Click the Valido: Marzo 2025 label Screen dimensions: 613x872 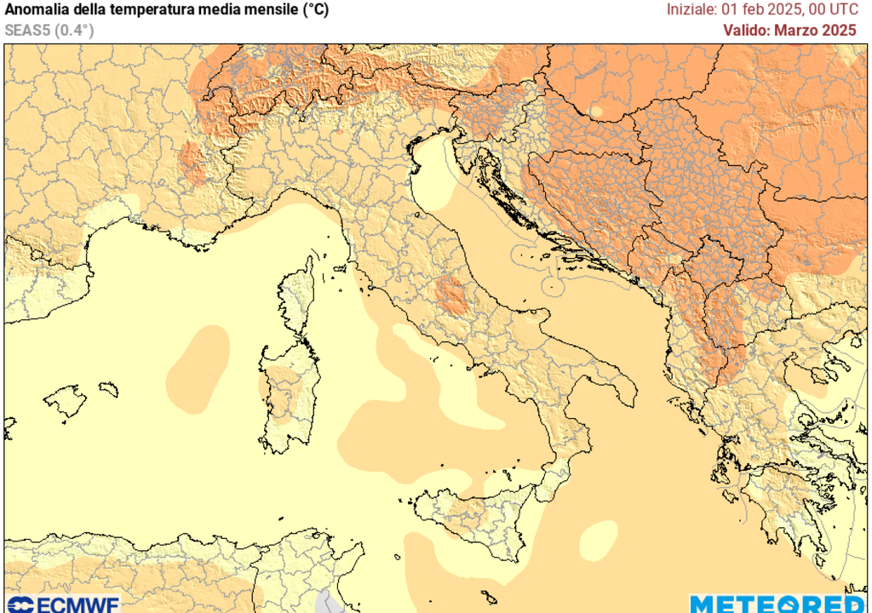pos(789,30)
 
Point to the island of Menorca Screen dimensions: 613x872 pos(108,389)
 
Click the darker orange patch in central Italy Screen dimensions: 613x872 pos(452,295)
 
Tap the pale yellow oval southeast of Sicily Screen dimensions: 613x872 pos(599,538)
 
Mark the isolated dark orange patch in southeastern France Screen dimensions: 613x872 pos(192,163)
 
